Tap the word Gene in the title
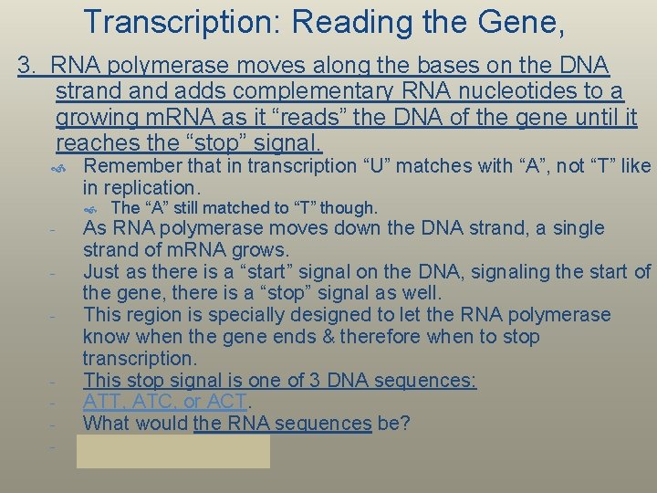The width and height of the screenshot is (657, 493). point(518,22)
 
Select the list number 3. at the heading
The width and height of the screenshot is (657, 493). point(29,66)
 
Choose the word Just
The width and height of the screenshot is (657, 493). point(101,271)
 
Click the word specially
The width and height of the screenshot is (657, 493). point(225,315)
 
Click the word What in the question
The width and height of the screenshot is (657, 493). point(107,424)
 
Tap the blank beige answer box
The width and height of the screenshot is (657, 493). point(173,451)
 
